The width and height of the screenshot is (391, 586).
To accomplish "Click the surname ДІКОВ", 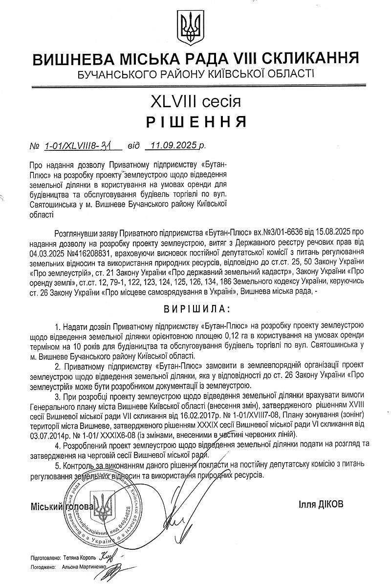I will tap(330, 503).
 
